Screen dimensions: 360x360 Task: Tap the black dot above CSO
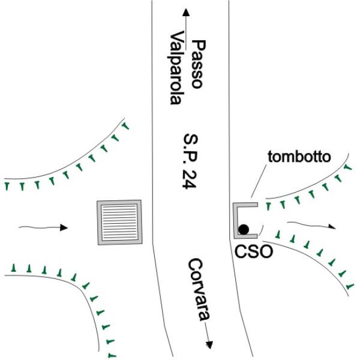(244, 229)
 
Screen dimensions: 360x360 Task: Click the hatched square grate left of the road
(120, 222)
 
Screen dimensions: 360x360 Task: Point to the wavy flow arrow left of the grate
(43, 227)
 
